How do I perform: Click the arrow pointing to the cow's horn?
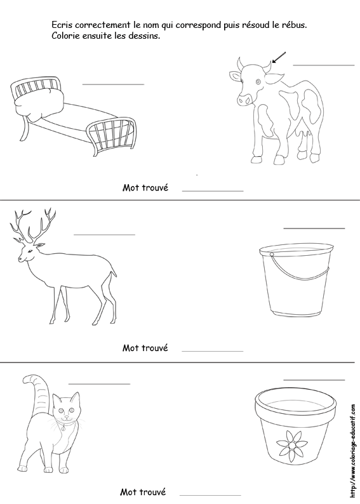[x=278, y=57]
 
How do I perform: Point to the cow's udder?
[x=305, y=132]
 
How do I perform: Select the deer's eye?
[x=30, y=250]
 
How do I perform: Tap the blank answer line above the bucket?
[x=314, y=229]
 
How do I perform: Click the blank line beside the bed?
[x=113, y=84]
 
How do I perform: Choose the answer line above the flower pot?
[x=314, y=380]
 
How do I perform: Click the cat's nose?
[x=67, y=417]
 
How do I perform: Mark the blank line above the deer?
[x=105, y=235]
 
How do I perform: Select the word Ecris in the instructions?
[x=60, y=25]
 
